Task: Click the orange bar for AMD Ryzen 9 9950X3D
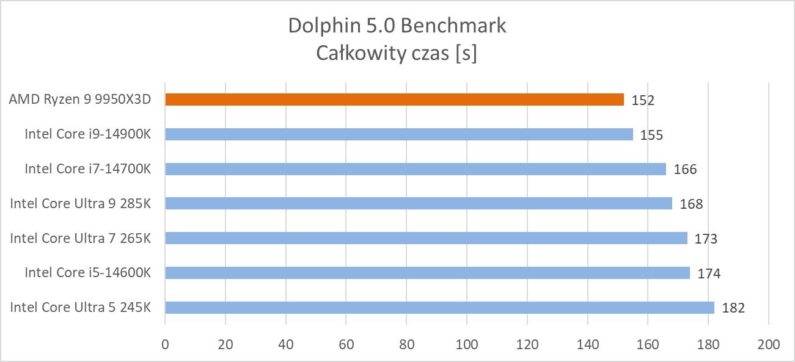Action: coord(394,100)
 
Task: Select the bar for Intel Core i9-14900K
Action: coord(398,134)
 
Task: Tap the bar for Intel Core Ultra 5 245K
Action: coord(439,307)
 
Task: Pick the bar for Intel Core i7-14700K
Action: coord(415,168)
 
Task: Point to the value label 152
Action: coord(643,100)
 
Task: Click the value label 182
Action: coord(733,308)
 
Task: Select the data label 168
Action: coord(691,204)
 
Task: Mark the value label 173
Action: coord(706,239)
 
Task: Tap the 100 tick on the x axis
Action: coord(467,344)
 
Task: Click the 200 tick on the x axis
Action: coord(768,344)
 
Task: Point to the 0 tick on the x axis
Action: coord(165,344)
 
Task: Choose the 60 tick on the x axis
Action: coord(346,344)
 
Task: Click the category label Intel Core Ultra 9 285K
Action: coord(80,203)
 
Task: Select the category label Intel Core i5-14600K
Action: coord(87,272)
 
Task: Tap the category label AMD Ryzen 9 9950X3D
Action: coord(79,100)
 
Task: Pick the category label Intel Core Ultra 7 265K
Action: coord(80,238)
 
